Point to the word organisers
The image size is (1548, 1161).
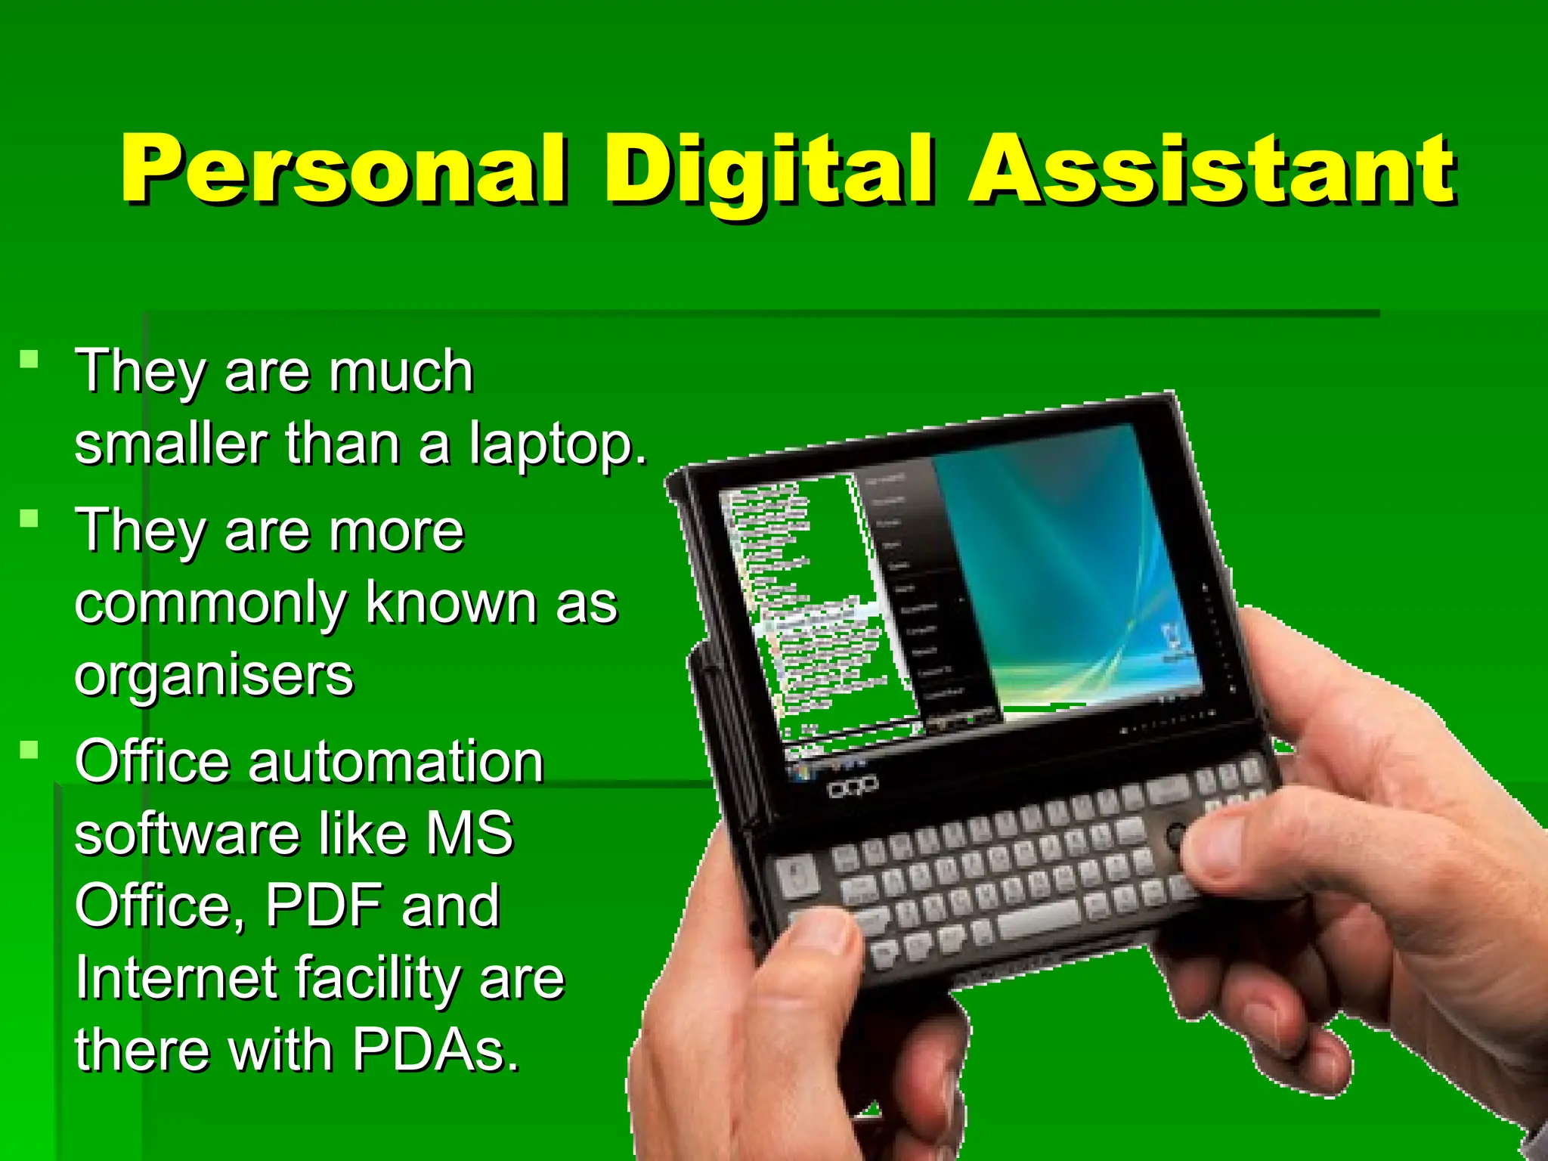coord(214,675)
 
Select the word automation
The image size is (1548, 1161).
coord(396,761)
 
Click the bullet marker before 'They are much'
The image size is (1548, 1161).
coord(29,358)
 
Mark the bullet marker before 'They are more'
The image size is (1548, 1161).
coord(29,519)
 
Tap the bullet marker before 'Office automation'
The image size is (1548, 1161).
coord(29,750)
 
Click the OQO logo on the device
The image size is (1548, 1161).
coord(853,787)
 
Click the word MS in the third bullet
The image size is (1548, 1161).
coord(470,833)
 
